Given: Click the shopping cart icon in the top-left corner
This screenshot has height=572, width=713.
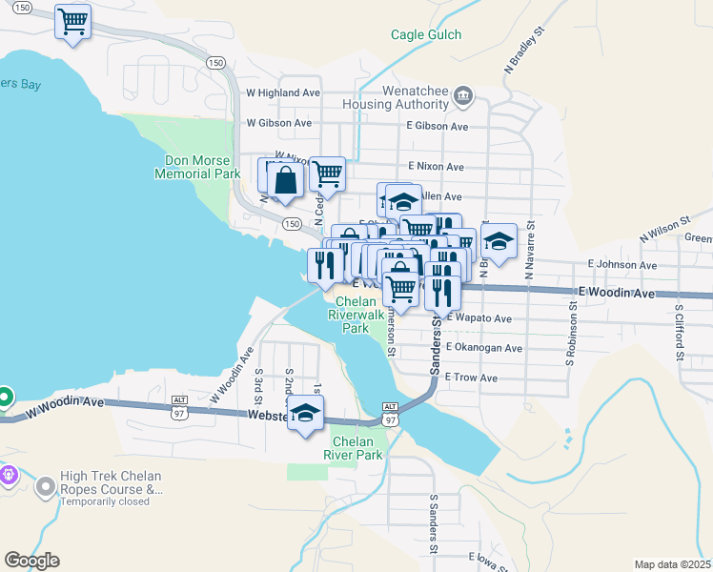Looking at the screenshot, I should [x=73, y=21].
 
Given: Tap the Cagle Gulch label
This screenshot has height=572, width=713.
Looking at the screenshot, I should [x=426, y=35].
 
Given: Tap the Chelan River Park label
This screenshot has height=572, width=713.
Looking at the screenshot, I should [x=356, y=448].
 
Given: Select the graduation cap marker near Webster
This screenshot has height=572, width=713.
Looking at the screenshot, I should [x=305, y=414].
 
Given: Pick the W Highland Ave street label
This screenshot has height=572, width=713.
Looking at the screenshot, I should [x=283, y=93].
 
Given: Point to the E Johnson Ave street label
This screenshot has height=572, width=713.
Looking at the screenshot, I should [x=622, y=265].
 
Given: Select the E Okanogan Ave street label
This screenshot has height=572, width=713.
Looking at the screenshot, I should [x=483, y=349].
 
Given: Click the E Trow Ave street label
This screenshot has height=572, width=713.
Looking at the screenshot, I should [x=471, y=378].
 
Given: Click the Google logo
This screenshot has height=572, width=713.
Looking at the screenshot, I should [x=31, y=561].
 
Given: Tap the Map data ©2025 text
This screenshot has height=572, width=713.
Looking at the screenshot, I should [x=672, y=563].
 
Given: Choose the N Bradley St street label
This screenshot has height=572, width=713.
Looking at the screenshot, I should [x=525, y=46].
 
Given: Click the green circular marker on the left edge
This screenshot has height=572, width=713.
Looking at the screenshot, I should [x=4, y=397].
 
